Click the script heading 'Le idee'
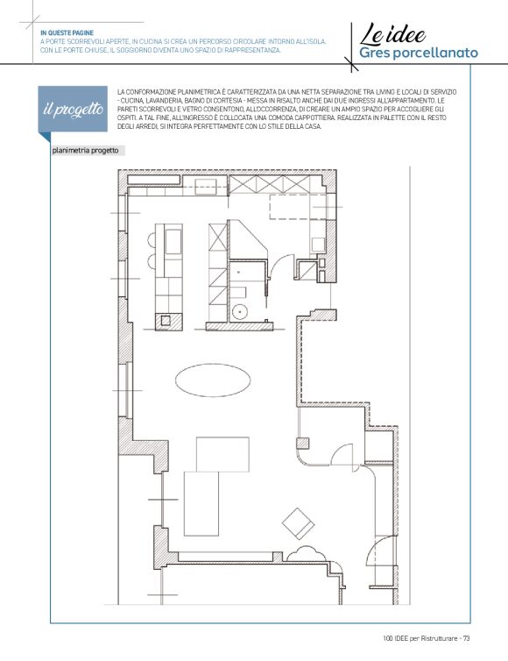tap(392, 34)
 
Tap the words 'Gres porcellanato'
tap(419, 53)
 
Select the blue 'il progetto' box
tap(73, 109)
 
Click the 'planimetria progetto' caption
tap(86, 151)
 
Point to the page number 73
tap(466, 638)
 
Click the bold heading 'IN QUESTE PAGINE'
tap(67, 32)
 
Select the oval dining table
tap(213, 380)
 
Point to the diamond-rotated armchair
tap(298, 523)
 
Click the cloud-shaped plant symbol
tap(303, 554)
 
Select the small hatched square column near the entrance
tap(303, 444)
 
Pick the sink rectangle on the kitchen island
tap(173, 242)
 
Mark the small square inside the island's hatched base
tap(166, 321)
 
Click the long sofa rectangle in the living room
tap(201, 503)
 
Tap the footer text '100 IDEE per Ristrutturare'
tap(420, 638)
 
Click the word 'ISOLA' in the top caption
tap(316, 42)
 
